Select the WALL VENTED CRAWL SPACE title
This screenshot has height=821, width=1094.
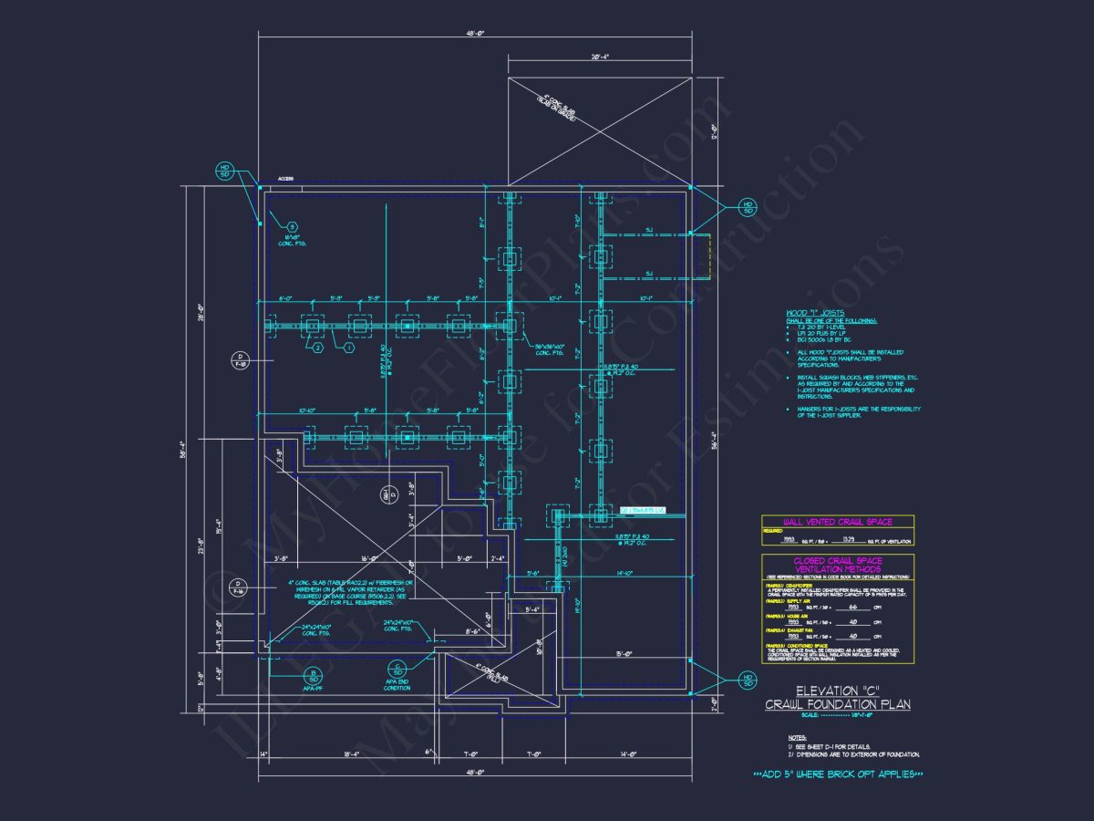tap(838, 522)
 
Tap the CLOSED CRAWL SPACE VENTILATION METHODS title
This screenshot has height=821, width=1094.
tap(838, 566)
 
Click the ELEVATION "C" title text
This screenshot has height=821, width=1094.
tap(836, 691)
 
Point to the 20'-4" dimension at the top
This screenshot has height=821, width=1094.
tap(599, 57)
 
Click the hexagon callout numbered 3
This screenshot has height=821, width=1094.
tap(292, 227)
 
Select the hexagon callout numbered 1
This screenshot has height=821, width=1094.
tap(348, 347)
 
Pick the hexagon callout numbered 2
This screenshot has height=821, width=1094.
tap(317, 347)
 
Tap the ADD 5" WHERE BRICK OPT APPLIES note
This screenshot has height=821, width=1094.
tap(838, 774)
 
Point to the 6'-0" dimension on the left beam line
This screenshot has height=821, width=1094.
tap(286, 297)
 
